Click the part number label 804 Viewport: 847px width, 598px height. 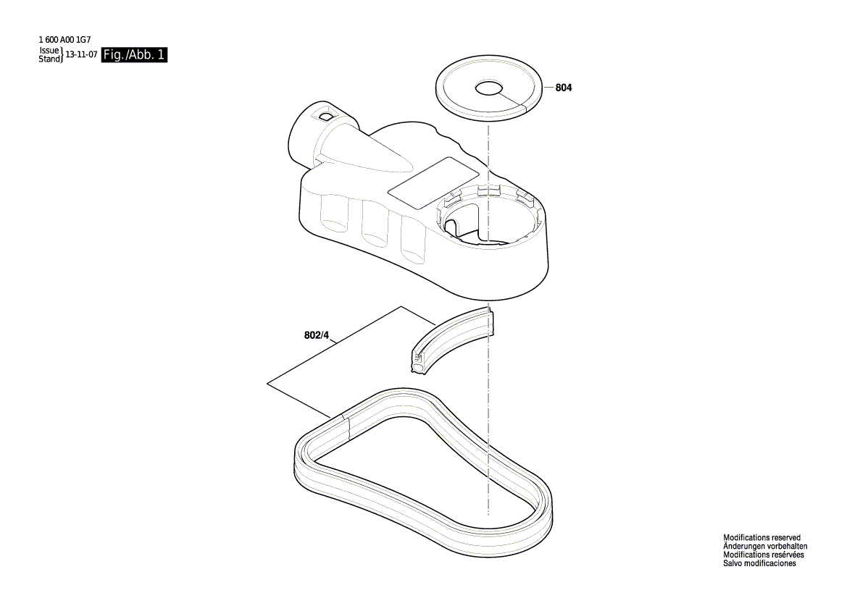point(564,88)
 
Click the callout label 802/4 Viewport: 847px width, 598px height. point(317,336)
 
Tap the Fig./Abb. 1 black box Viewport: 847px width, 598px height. point(135,55)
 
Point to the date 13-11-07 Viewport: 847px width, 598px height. point(82,55)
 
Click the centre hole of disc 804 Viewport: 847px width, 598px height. point(489,88)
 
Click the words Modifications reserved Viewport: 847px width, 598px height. point(762,538)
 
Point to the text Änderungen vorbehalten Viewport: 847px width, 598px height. point(765,547)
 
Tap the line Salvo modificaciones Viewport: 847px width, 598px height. point(759,563)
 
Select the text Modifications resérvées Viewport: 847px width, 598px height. point(764,555)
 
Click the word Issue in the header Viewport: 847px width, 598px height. point(49,51)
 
